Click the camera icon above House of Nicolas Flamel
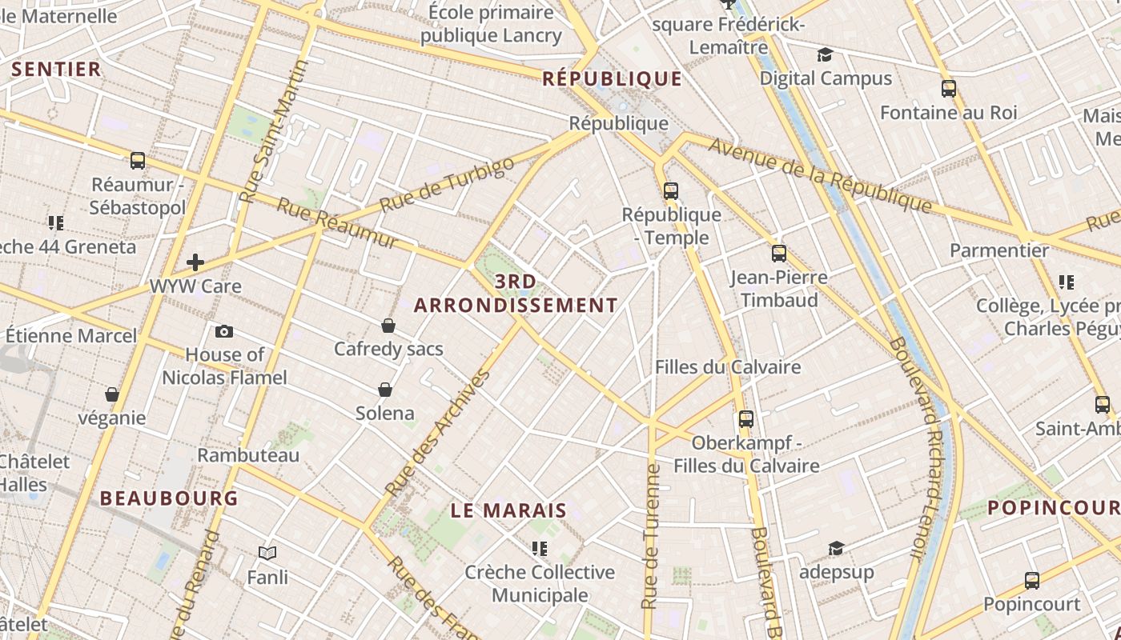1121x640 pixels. (x=224, y=331)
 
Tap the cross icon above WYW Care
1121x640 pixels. (x=195, y=262)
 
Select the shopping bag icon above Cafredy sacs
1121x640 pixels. (x=388, y=326)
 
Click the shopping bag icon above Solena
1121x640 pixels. (x=385, y=390)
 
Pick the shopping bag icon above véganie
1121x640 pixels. (x=112, y=394)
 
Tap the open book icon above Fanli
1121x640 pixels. (x=267, y=553)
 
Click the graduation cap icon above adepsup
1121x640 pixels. (x=836, y=548)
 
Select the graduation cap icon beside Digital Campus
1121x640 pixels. (x=825, y=54)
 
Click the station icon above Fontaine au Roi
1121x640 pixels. (x=949, y=89)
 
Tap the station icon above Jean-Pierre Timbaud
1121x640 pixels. (x=779, y=254)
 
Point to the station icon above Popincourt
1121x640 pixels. (x=1032, y=581)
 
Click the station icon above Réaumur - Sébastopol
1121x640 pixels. (x=138, y=161)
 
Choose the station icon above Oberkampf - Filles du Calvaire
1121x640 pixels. (x=746, y=419)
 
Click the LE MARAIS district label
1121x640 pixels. (x=508, y=510)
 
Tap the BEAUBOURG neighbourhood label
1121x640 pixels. (x=169, y=498)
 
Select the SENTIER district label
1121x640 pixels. (x=57, y=70)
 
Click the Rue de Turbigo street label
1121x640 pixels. (x=447, y=185)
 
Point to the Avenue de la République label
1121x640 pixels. (x=820, y=178)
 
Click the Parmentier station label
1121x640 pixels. (x=998, y=250)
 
